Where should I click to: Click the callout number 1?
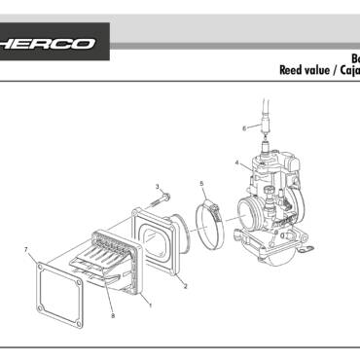(x=150, y=305)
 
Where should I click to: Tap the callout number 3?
(x=158, y=186)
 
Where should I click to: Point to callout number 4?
(x=236, y=162)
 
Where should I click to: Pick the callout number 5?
(x=201, y=183)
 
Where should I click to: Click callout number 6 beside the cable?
(x=244, y=127)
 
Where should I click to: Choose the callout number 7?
(x=26, y=250)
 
